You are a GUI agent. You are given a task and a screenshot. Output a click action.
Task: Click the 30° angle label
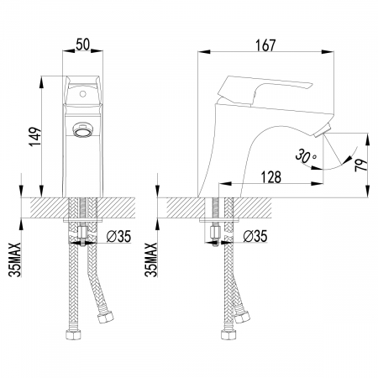[307, 156]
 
